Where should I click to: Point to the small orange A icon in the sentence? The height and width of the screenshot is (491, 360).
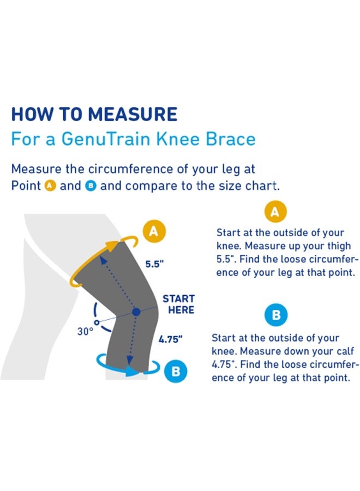50,186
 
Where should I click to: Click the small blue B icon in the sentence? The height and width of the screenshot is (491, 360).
91,186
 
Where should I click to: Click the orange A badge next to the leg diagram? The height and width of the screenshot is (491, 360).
153,232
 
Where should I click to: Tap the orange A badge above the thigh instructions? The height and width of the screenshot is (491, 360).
276,212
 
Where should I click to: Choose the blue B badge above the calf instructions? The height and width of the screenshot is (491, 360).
276,315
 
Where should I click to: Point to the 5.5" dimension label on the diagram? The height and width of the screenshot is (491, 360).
154,264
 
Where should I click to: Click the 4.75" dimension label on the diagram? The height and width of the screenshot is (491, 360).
170,339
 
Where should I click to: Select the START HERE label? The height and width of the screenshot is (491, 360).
178,304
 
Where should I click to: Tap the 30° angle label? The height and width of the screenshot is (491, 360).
85,331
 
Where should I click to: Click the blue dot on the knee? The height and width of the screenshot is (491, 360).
136,312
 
